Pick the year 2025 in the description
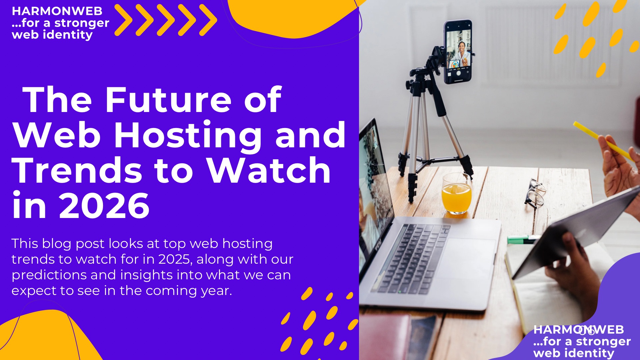(x=175, y=259)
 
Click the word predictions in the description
(x=64, y=275)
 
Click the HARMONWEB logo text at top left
(x=57, y=11)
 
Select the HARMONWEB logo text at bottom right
(x=579, y=329)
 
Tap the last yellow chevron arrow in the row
(x=208, y=20)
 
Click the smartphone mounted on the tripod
(x=458, y=52)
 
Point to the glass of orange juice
(x=456, y=194)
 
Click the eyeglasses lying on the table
(x=535, y=193)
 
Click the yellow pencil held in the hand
(x=603, y=141)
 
